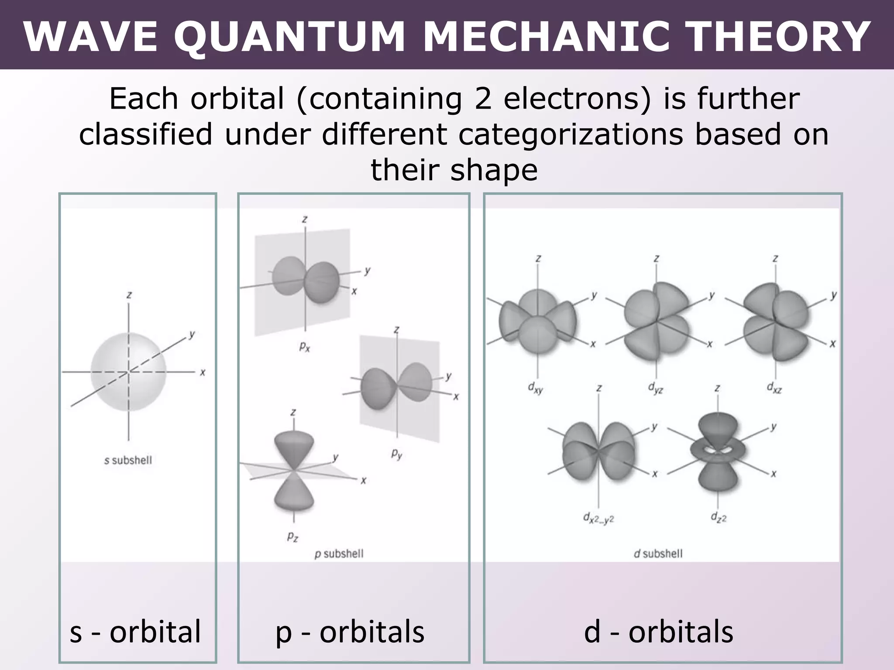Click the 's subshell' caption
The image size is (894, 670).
click(128, 460)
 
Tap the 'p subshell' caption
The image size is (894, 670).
click(339, 554)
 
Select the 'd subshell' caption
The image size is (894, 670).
click(658, 554)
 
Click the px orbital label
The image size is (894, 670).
click(305, 347)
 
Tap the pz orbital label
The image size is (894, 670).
click(292, 537)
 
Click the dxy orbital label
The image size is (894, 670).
click(536, 387)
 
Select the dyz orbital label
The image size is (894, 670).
click(655, 387)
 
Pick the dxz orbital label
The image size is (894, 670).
click(774, 387)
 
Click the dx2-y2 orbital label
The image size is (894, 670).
click(598, 518)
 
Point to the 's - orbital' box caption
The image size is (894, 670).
click(135, 632)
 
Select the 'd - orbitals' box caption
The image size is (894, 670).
click(658, 632)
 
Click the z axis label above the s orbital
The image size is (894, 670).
click(129, 295)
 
